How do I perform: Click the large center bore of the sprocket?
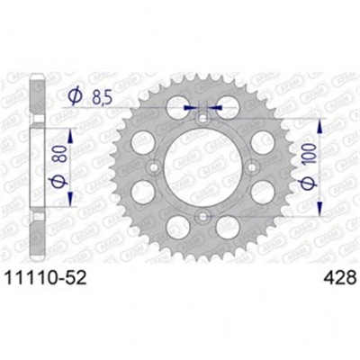(203, 168)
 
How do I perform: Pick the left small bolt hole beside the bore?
(153, 168)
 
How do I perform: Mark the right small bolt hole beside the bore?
(254, 168)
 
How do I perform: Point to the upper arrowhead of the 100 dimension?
(319, 121)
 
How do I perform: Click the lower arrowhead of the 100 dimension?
(319, 214)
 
